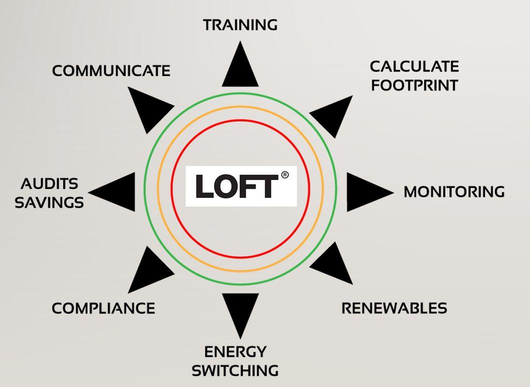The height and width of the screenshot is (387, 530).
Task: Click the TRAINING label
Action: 240,24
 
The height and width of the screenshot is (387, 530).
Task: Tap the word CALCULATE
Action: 414,66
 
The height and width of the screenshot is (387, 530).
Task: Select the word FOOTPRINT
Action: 414,85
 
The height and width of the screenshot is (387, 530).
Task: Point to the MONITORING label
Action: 454,192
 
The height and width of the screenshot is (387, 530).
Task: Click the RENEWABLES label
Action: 394,308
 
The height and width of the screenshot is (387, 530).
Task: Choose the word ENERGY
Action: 235,351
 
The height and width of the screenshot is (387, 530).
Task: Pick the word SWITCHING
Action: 235,370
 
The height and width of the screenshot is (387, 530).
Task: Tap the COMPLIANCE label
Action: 103,308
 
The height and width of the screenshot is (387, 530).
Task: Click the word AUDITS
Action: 50,184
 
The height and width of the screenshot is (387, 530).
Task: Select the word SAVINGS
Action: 49,202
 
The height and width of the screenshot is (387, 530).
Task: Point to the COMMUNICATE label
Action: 111,71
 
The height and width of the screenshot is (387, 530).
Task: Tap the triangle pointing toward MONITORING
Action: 365,192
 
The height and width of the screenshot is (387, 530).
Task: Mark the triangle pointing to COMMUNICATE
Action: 148,109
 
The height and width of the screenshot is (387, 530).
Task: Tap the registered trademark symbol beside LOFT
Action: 285,175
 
